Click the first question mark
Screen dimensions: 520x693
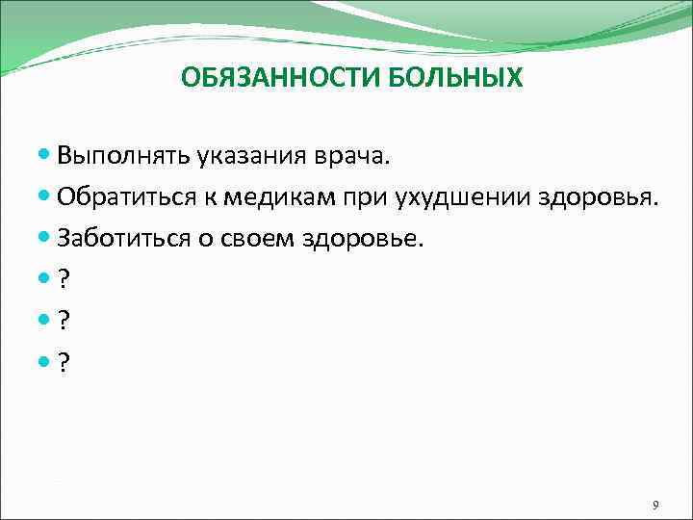(64, 279)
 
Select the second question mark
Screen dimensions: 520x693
(64, 320)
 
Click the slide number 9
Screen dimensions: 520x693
(654, 506)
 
